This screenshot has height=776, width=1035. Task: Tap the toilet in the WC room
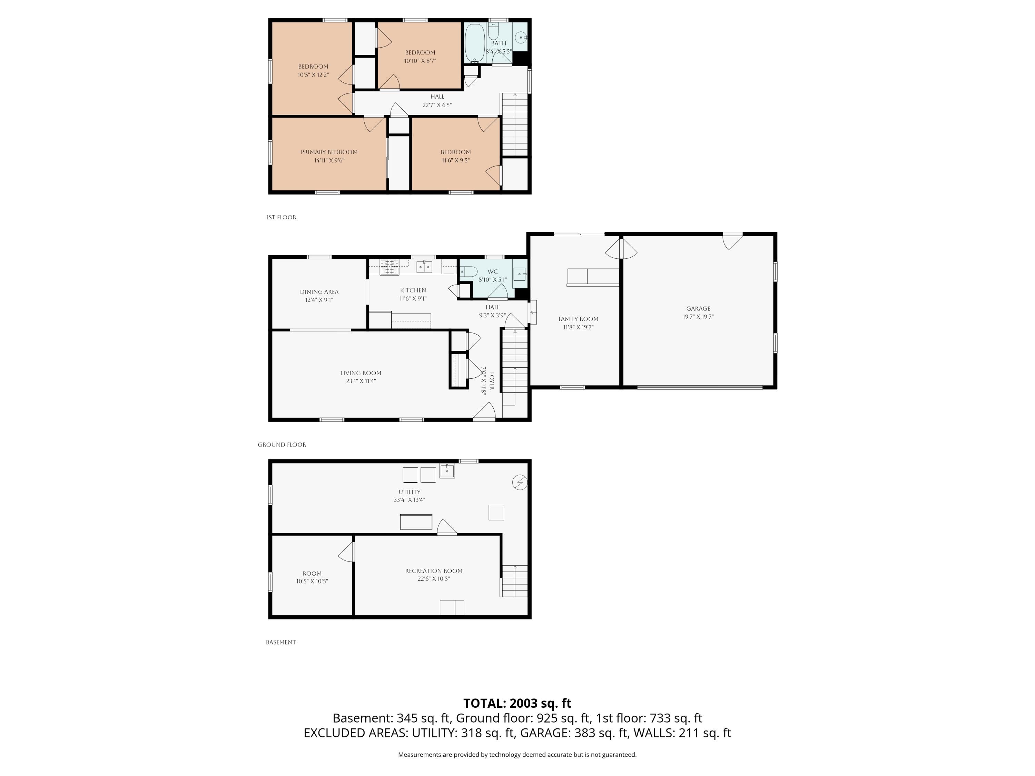pyautogui.click(x=469, y=271)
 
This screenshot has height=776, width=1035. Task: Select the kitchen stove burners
pyautogui.click(x=389, y=267)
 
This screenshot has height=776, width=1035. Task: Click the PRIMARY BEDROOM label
pyautogui.click(x=329, y=152)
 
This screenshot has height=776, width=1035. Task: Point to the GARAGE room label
pyautogui.click(x=698, y=308)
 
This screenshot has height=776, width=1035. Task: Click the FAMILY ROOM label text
pyautogui.click(x=578, y=319)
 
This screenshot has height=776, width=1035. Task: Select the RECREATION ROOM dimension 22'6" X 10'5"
pyautogui.click(x=434, y=579)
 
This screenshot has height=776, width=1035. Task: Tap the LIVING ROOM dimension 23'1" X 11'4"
pyautogui.click(x=361, y=381)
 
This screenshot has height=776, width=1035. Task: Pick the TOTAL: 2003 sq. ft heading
pyautogui.click(x=517, y=703)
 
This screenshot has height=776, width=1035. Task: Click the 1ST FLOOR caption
pyautogui.click(x=281, y=217)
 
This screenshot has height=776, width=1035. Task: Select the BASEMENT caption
pyautogui.click(x=281, y=642)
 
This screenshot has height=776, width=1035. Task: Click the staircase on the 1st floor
pyautogui.click(x=515, y=124)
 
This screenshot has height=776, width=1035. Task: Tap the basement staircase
pyautogui.click(x=515, y=581)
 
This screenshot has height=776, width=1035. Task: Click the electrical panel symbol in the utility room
pyautogui.click(x=520, y=482)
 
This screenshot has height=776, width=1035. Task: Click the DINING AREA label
pyautogui.click(x=319, y=292)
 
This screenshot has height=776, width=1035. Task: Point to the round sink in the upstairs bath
pyautogui.click(x=521, y=37)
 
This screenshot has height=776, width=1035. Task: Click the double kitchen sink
pyautogui.click(x=424, y=267)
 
